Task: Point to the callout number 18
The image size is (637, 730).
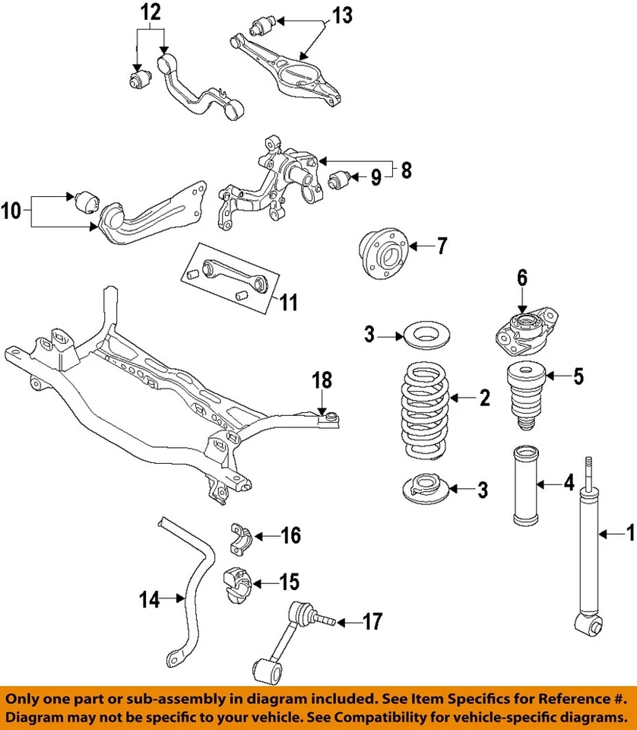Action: pos(322,379)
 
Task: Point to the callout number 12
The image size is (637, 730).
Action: pos(151,12)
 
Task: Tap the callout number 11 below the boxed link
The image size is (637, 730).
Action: pos(287,303)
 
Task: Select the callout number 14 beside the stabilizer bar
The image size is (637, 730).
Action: pos(151,600)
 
